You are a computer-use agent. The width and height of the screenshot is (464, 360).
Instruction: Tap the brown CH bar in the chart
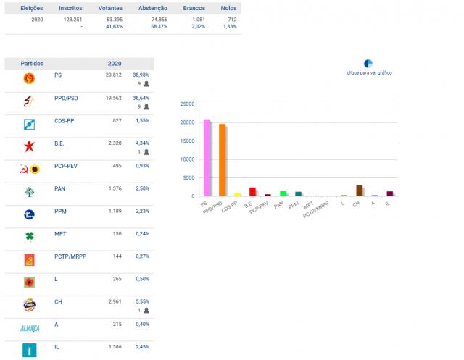pyautogui.click(x=359, y=191)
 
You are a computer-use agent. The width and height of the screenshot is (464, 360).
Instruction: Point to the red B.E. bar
pyautogui.click(x=252, y=192)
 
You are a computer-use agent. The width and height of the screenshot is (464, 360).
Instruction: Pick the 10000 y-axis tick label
pyautogui.click(x=186, y=159)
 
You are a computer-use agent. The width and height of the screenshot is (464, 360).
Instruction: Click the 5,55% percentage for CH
pyautogui.click(x=141, y=301)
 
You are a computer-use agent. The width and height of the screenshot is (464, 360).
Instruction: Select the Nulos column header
pyautogui.click(x=227, y=8)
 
